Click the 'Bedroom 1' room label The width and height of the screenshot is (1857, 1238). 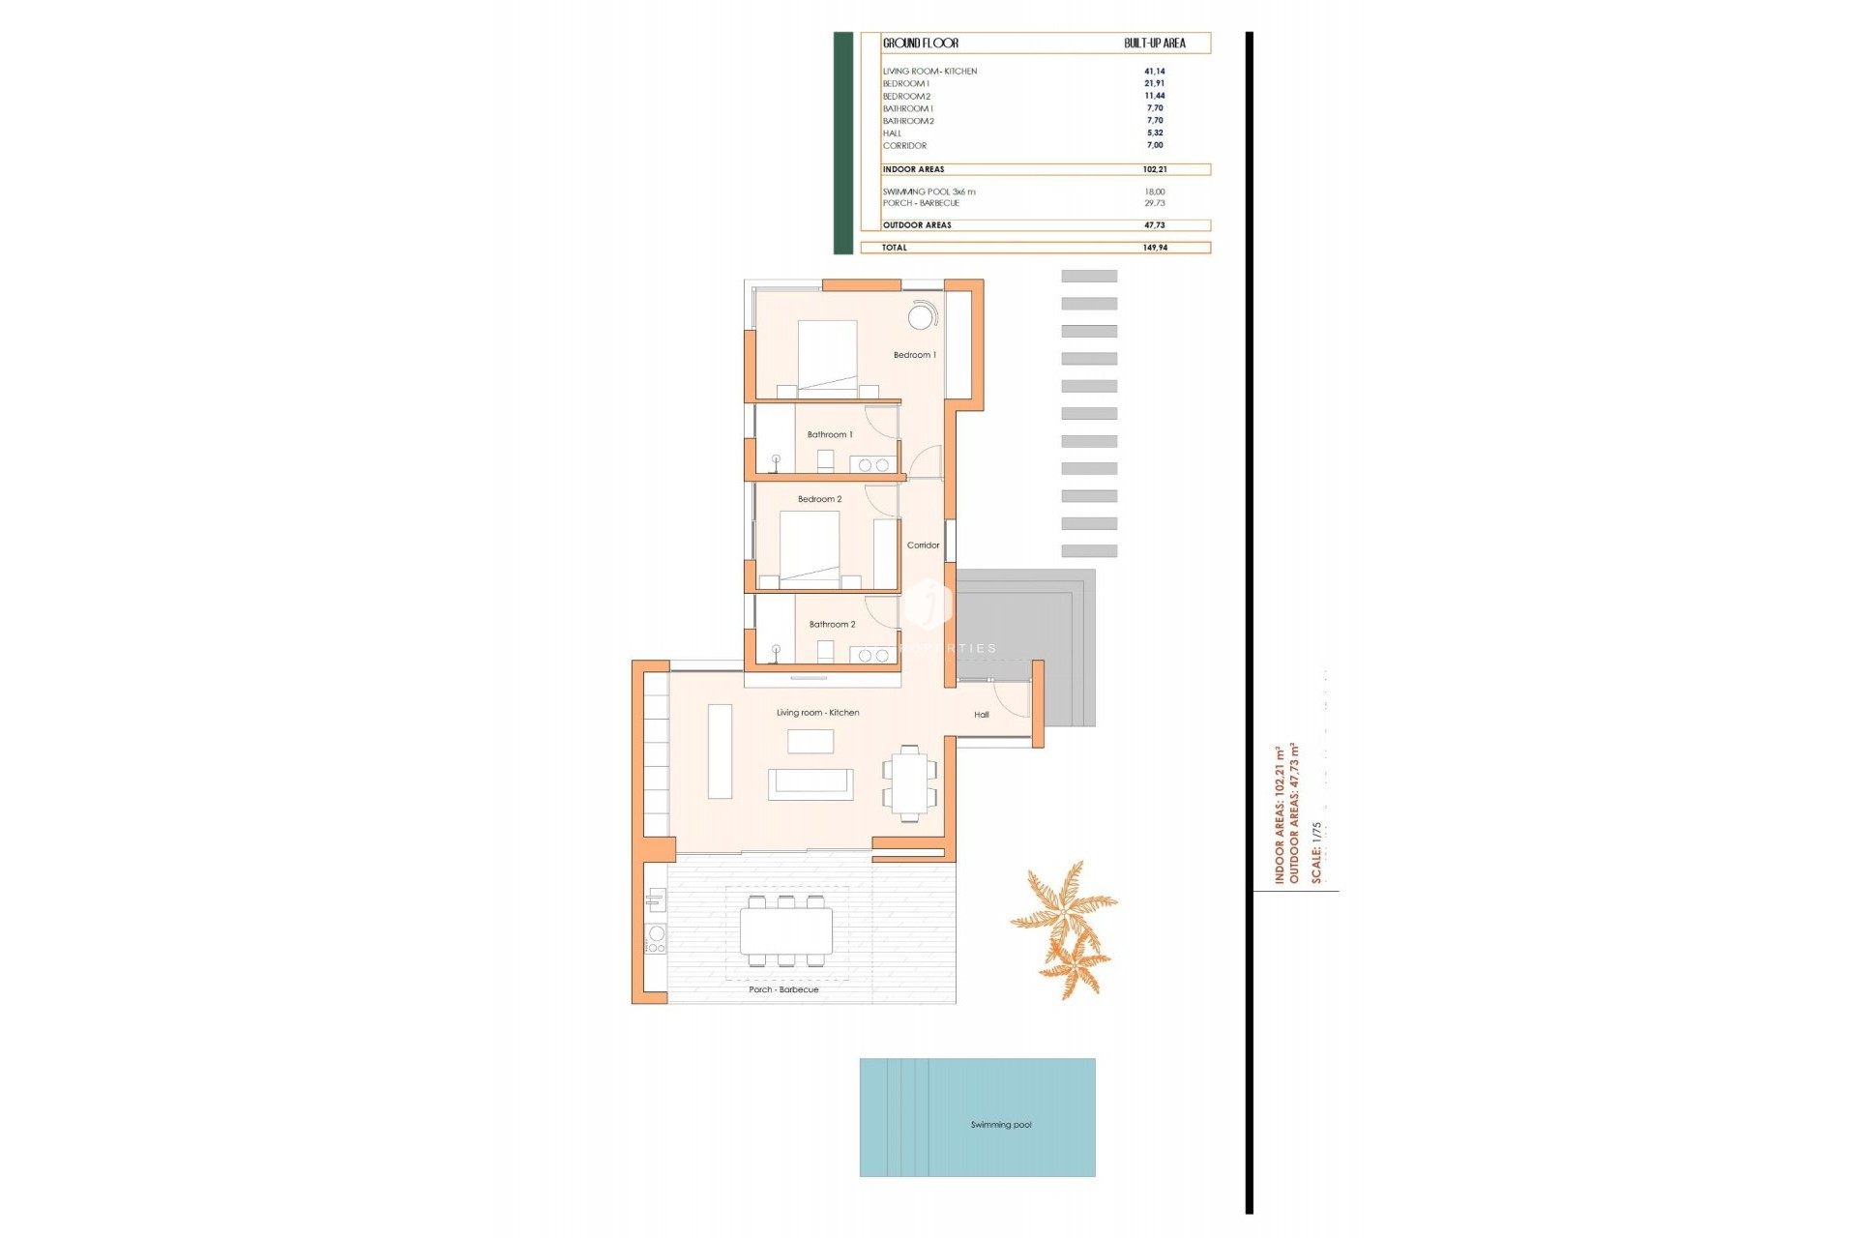click(x=914, y=355)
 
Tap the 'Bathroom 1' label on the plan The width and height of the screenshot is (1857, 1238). click(x=830, y=435)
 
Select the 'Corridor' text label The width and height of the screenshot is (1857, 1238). click(x=923, y=545)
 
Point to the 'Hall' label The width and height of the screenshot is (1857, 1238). click(x=982, y=715)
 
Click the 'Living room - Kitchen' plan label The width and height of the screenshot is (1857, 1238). click(x=817, y=713)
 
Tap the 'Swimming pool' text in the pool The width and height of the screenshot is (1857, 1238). click(x=1001, y=1125)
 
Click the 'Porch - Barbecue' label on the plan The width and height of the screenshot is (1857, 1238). click(x=783, y=989)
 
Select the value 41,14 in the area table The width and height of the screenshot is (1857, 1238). click(x=1155, y=72)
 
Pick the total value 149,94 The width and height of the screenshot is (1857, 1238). click(x=1155, y=248)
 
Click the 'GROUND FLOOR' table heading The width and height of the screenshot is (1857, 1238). click(x=921, y=43)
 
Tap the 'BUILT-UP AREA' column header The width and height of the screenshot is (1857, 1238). click(x=1154, y=43)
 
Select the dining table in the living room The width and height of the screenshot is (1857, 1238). click(x=909, y=783)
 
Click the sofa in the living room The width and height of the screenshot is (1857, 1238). click(x=811, y=784)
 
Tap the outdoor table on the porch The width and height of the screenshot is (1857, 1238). click(x=786, y=931)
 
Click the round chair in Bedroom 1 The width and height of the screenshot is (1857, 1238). click(x=921, y=316)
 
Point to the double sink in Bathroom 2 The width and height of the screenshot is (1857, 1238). click(x=873, y=656)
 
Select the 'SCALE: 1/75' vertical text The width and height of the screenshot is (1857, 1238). click(x=1316, y=852)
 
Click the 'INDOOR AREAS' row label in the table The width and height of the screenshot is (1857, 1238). click(x=913, y=169)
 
